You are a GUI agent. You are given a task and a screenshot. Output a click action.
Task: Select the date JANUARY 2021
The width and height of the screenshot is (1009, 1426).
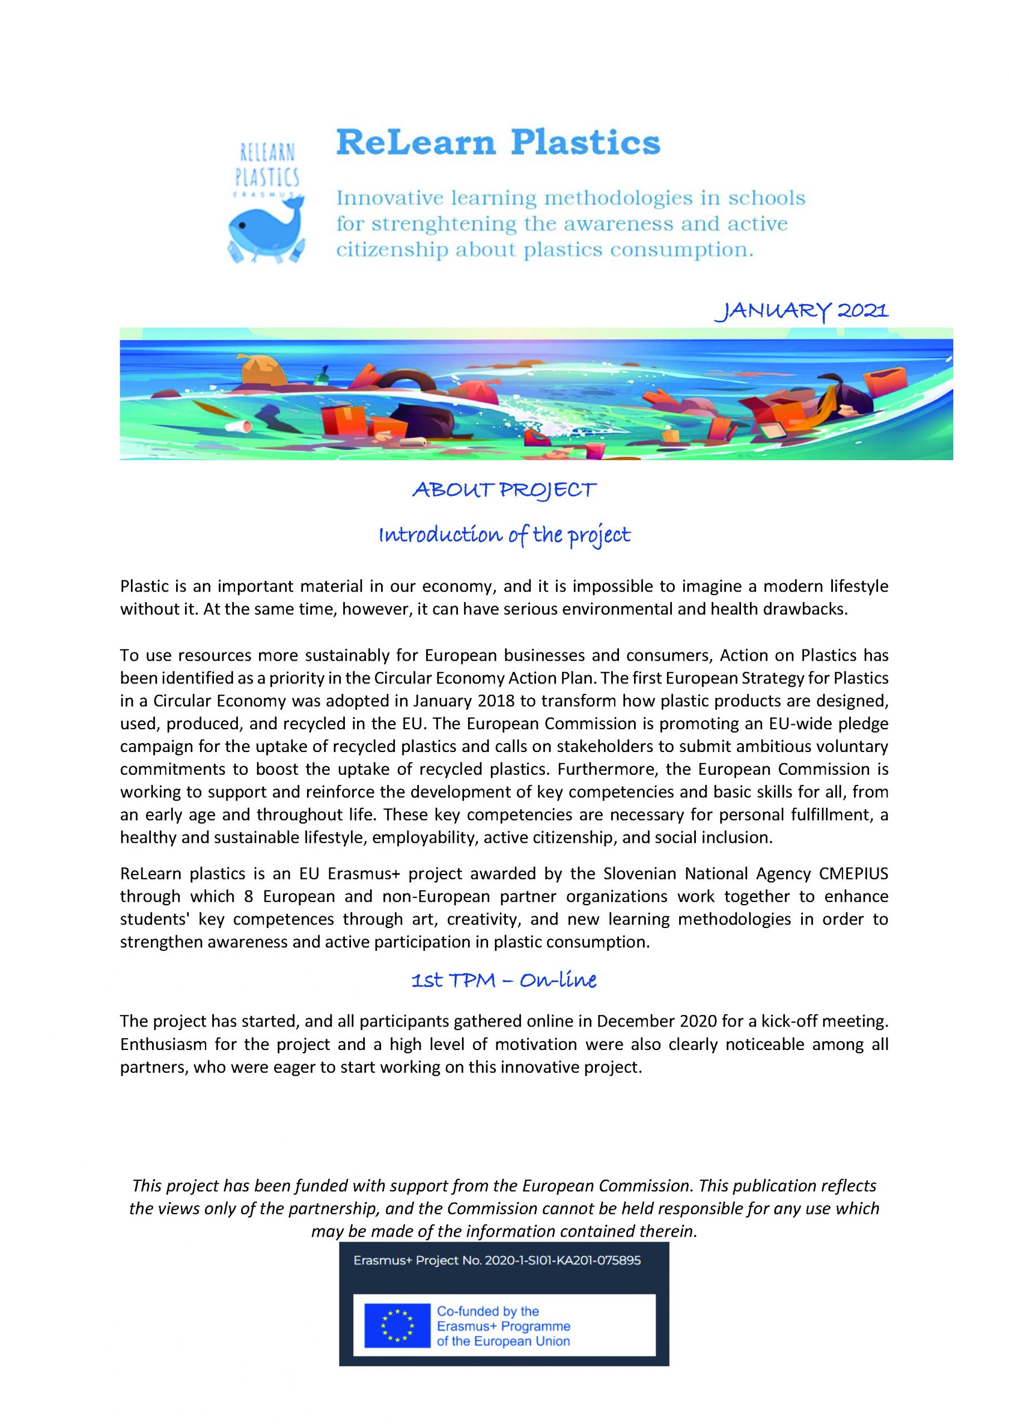pos(802,310)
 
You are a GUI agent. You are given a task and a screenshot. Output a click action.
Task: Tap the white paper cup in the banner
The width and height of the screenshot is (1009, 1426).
pos(239,426)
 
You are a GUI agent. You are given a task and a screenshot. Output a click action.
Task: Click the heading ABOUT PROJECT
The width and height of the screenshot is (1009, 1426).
pos(504,491)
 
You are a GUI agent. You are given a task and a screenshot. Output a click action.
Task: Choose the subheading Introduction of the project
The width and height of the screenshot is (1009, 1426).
pos(504,535)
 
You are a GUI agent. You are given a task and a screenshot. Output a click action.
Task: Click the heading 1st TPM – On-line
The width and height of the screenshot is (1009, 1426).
pos(504,980)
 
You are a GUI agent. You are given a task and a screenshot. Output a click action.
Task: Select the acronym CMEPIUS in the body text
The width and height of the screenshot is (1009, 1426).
pos(854,873)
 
